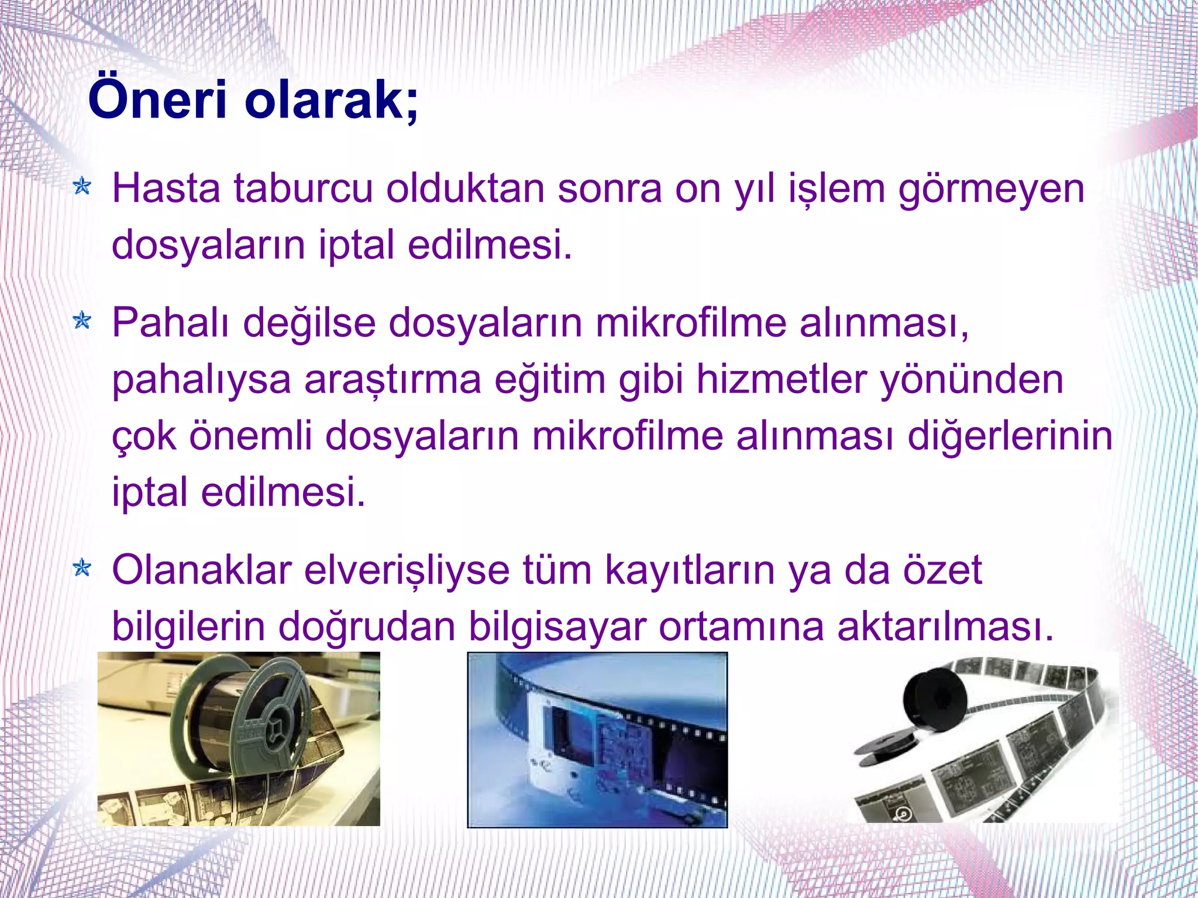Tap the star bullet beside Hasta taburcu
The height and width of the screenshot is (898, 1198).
coord(82,187)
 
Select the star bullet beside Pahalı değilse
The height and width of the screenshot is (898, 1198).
coord(82,321)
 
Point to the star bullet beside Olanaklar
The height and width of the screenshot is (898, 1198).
coord(82,568)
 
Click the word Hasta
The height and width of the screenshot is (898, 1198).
coord(166,188)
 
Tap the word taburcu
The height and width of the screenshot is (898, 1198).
coord(302,188)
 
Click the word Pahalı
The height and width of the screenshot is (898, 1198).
coord(170,323)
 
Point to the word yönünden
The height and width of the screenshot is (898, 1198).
coord(972,379)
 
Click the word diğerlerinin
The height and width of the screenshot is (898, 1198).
coord(1010,436)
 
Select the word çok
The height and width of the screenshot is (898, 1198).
coord(143,436)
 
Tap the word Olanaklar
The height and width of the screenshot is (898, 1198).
coord(201,570)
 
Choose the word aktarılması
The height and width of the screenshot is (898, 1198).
coord(945,626)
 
